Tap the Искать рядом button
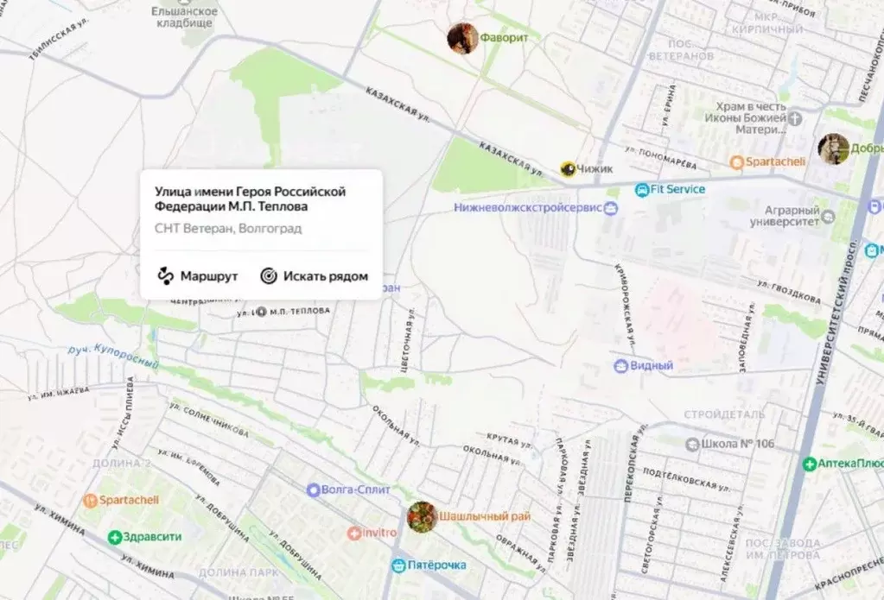(315, 276)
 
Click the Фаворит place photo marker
(462, 38)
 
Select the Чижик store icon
(568, 169)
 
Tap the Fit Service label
(677, 189)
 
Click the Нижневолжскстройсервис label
(529, 208)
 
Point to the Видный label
(651, 366)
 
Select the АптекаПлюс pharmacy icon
(809, 464)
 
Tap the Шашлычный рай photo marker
(421, 516)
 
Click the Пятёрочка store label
(437, 565)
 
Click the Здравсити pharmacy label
(152, 537)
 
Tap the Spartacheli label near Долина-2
(121, 500)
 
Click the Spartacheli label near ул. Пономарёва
(774, 161)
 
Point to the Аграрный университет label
(792, 216)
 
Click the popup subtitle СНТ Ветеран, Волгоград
(228, 229)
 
